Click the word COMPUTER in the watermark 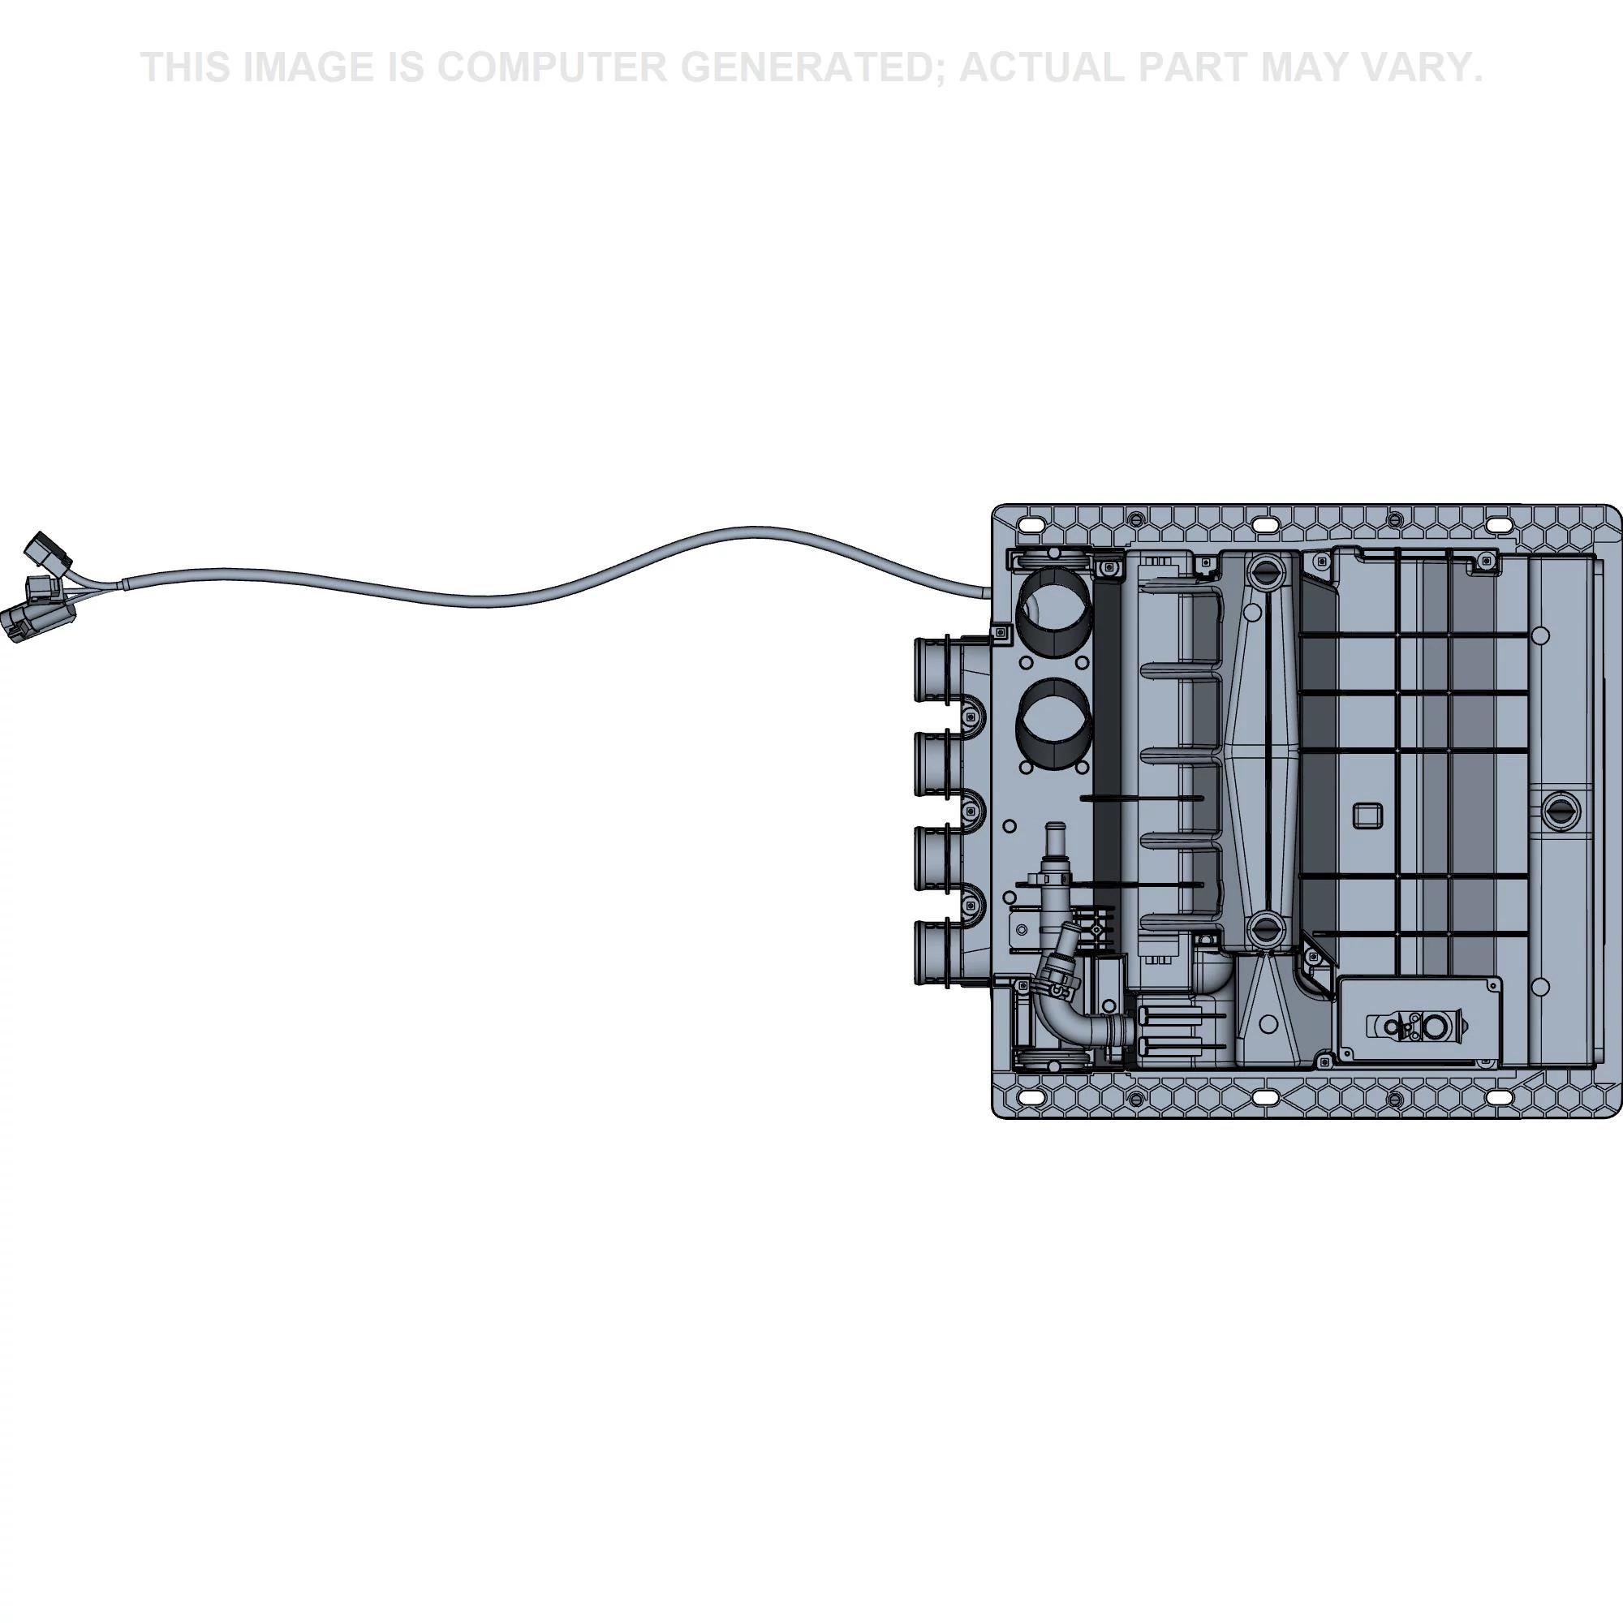coord(550,67)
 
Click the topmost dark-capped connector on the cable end coord(48,552)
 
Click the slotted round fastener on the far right coord(1561,810)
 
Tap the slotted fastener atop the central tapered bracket coord(1263,573)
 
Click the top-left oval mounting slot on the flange coord(1030,525)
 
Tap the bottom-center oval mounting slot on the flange coord(1263,1097)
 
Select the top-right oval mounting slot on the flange coord(1497,525)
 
